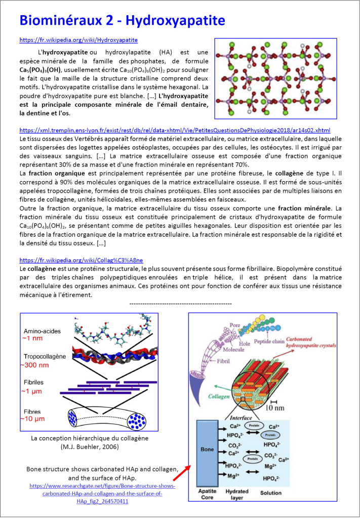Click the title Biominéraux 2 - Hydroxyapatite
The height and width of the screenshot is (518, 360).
click(122, 21)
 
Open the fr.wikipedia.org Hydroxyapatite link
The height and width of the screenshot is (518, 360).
click(78, 39)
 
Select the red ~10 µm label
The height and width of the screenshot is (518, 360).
click(32, 419)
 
